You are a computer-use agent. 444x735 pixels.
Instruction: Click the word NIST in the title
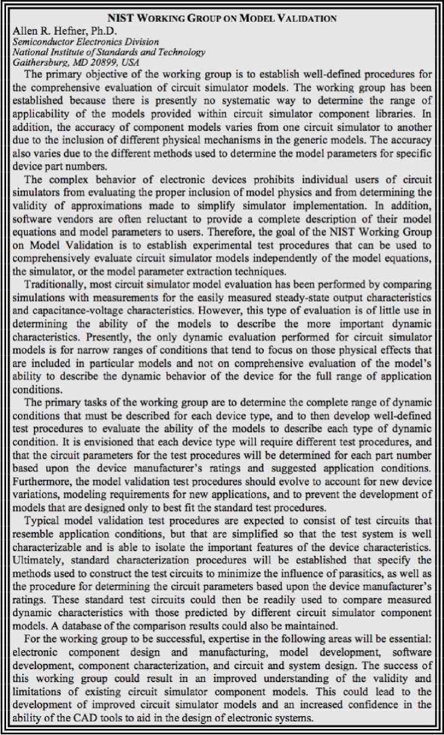(126, 19)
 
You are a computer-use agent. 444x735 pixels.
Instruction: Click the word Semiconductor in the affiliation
(35, 41)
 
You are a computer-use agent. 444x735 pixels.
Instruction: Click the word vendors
(68, 214)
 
